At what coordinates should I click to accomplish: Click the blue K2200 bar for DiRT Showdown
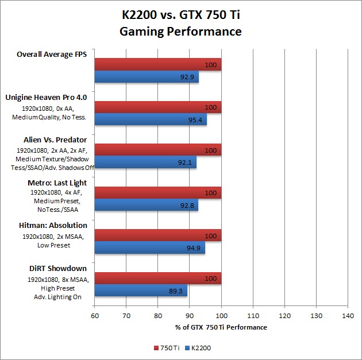pos(141,291)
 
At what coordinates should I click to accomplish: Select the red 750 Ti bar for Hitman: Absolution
pos(158,235)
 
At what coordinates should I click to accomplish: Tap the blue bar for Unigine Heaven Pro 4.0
pos(151,120)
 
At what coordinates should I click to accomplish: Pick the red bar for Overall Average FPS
pos(158,64)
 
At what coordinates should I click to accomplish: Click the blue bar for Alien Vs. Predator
pos(145,162)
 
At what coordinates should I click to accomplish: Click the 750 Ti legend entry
pos(167,347)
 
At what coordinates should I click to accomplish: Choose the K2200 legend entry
pos(198,347)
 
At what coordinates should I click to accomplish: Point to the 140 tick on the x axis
pos(347,315)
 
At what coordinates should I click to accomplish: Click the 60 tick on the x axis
pos(95,315)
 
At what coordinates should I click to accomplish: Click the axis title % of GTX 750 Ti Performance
pos(221,327)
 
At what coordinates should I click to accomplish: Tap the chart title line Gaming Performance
pos(180,31)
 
